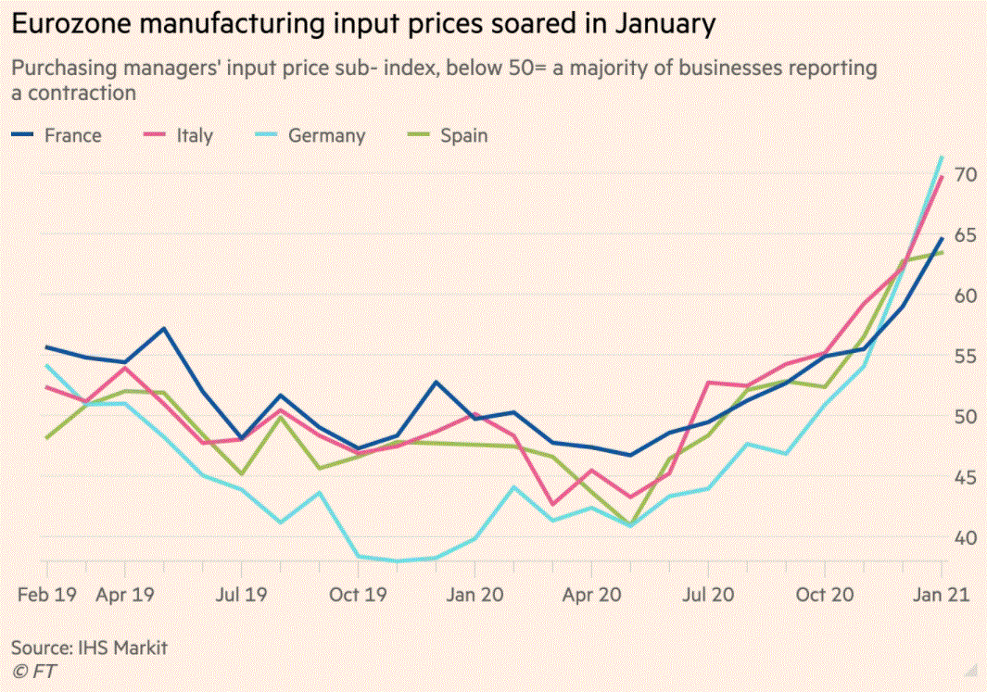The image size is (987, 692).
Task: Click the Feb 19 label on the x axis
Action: (x=45, y=595)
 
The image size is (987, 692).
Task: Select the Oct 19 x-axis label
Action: (x=358, y=595)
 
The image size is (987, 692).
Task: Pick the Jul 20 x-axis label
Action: (x=708, y=595)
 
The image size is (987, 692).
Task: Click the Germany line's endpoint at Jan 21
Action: (x=943, y=157)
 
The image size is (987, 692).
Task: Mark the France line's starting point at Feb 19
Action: (x=45, y=347)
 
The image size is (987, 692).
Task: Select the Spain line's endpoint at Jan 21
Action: (x=943, y=252)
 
